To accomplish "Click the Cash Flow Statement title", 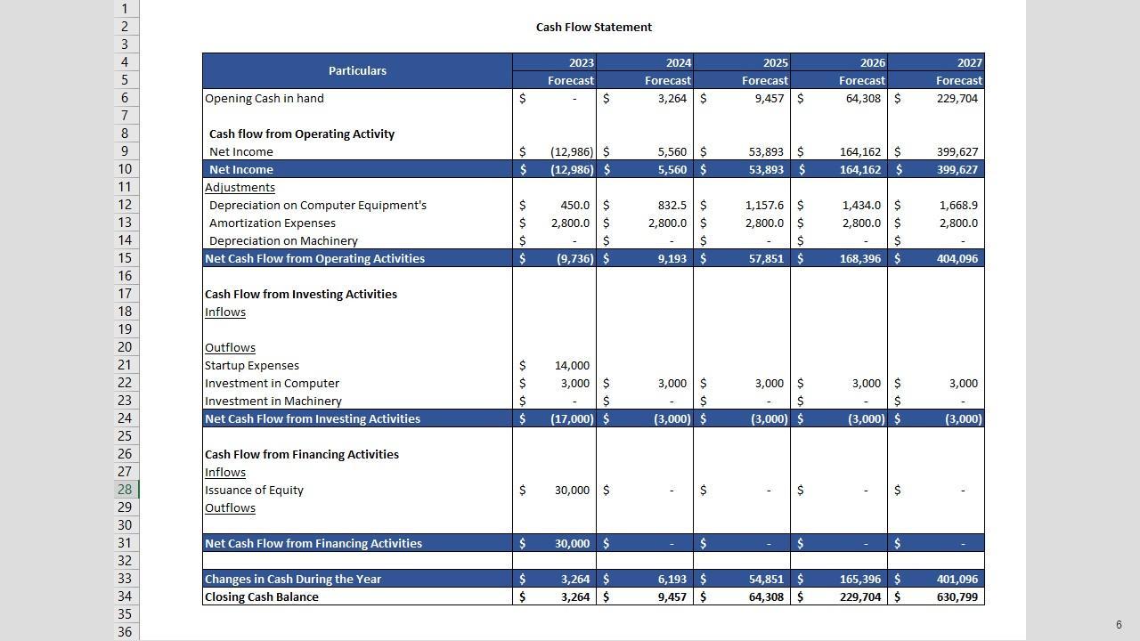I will tap(593, 28).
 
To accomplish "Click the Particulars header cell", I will tap(357, 71).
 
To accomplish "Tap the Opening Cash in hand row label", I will tap(265, 99).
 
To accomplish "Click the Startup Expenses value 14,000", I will tap(572, 366).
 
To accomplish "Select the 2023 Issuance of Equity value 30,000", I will tap(572, 491).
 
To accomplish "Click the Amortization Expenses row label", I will tap(273, 223).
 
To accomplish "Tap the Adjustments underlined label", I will tap(240, 188).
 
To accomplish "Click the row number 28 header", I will tap(125, 490).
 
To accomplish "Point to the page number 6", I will tap(1119, 625).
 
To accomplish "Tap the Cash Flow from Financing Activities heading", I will tap(302, 455).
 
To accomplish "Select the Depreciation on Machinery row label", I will tap(283, 241).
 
